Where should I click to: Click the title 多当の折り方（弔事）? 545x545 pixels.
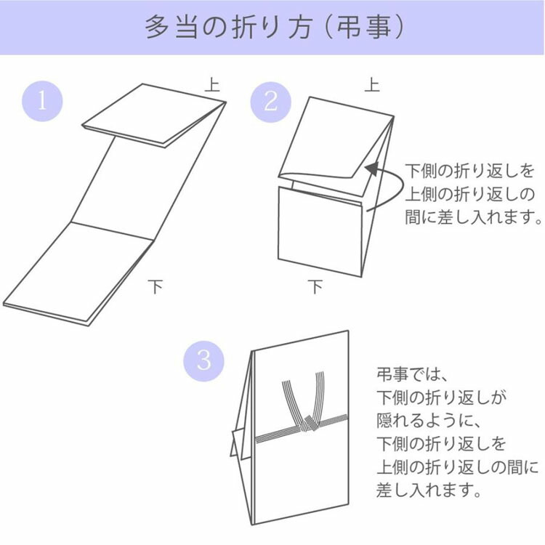pos(272,27)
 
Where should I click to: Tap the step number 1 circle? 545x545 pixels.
pos(41,100)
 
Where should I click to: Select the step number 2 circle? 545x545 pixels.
pos(270,100)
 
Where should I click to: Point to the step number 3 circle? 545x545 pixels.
pos(203,359)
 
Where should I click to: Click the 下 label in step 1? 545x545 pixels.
pos(156,286)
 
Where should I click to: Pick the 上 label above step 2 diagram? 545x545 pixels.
pos(371,85)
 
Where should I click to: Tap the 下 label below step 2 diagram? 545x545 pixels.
pos(314,287)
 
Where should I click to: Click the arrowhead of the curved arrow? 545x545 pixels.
pos(370,169)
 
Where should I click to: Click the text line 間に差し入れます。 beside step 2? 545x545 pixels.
pos(473,217)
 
